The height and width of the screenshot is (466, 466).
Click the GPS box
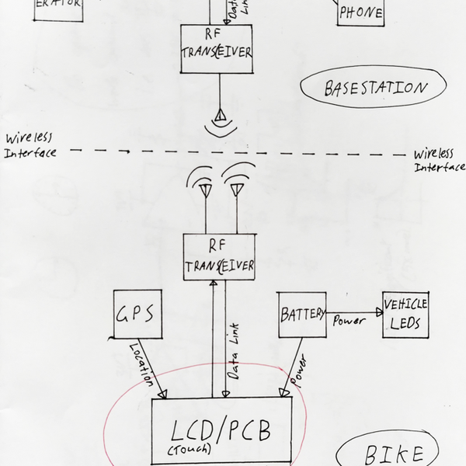click(x=138, y=315)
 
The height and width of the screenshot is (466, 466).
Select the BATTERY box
click(x=302, y=315)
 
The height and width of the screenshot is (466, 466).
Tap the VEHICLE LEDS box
click(x=405, y=315)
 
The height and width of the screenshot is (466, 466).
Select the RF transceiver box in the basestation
click(x=217, y=49)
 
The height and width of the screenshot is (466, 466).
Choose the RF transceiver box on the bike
click(x=219, y=257)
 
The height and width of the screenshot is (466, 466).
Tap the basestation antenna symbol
click(x=220, y=117)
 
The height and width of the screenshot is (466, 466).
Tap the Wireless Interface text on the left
click(x=30, y=145)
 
